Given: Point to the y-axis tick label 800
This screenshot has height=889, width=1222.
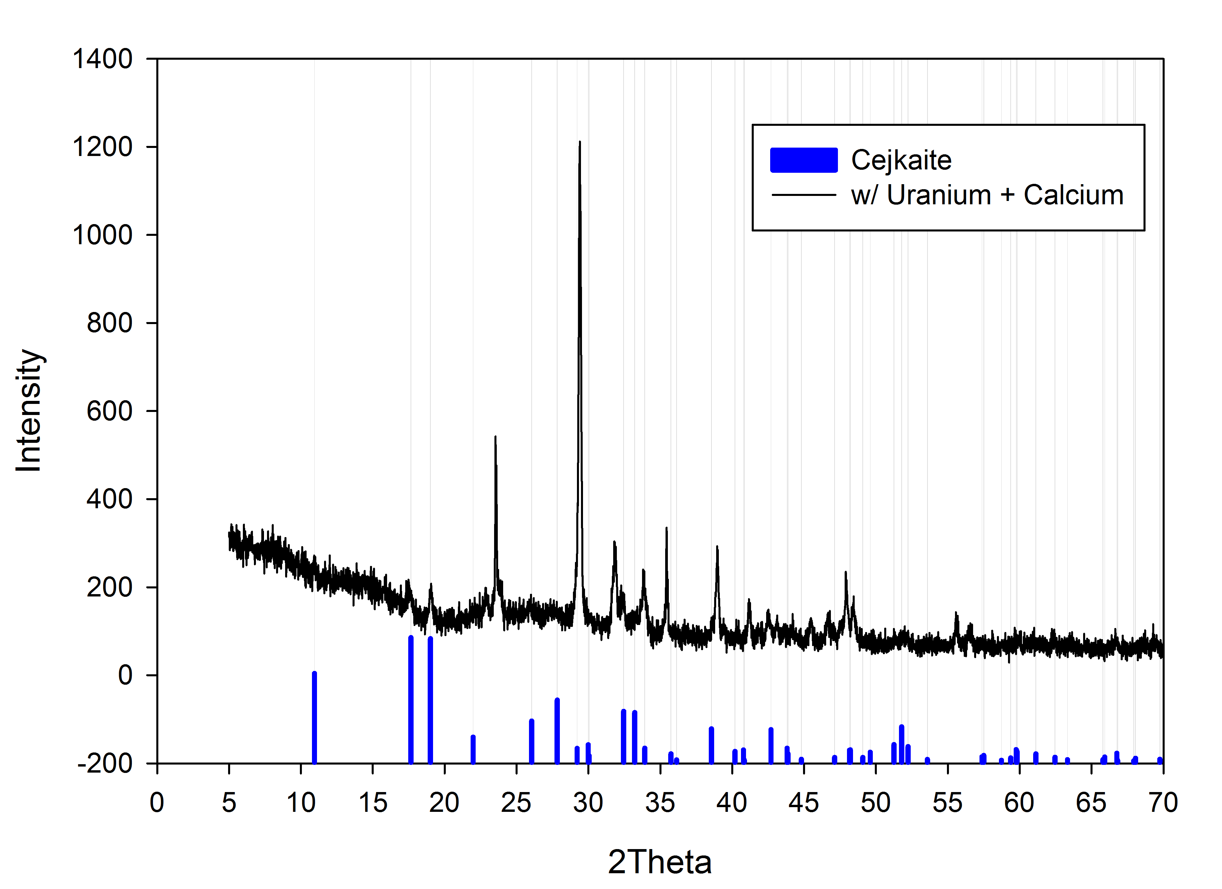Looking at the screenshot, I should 109,323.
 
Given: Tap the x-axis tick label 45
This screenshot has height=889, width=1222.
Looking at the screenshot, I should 803,803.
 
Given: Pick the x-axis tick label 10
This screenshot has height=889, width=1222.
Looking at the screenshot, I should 301,803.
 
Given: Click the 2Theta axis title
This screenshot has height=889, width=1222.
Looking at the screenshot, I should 659,862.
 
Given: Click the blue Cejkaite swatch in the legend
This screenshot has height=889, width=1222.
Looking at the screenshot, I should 803,160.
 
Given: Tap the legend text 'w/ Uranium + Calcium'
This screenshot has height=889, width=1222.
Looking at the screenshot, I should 987,195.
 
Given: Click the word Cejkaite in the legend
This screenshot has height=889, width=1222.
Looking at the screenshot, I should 901,160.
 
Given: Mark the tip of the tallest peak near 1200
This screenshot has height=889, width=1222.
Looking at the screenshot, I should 580,143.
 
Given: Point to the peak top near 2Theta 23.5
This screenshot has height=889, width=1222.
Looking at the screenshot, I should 495,437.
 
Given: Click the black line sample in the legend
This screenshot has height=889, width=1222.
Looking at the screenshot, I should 803,195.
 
